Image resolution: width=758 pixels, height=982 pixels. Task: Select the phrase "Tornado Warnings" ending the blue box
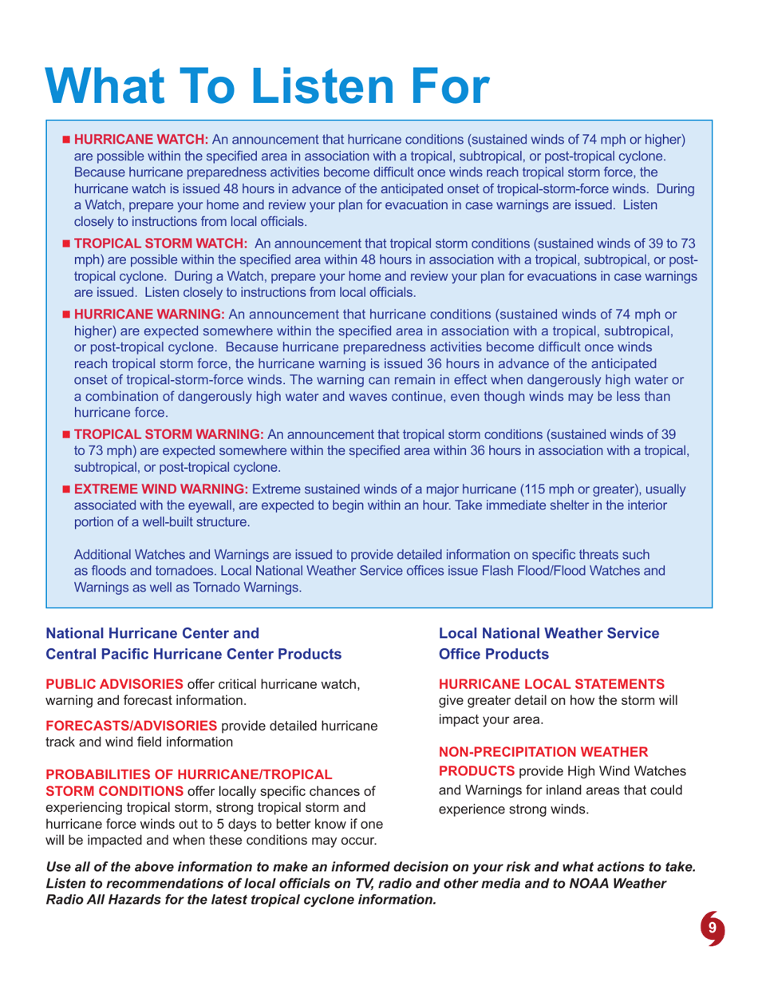click(x=251, y=588)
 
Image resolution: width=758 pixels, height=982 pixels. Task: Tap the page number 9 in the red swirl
click(x=715, y=928)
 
